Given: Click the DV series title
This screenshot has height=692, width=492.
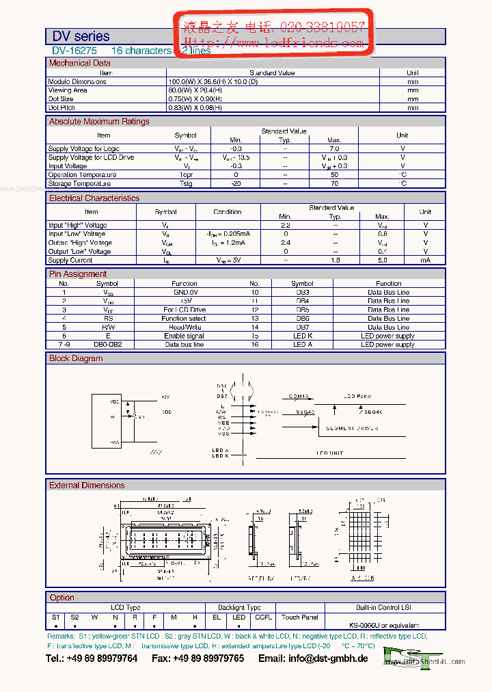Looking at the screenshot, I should click(81, 36).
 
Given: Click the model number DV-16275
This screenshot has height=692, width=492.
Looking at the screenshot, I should click(74, 51).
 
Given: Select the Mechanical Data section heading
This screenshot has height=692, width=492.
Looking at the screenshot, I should click(79, 63).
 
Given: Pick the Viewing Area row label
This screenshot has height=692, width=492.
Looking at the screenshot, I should click(68, 90).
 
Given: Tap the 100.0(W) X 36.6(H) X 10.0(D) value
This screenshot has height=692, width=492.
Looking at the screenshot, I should click(213, 81).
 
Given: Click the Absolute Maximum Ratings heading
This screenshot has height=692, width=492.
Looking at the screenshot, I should click(99, 122).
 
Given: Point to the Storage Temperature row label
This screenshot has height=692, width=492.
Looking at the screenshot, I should click(79, 183).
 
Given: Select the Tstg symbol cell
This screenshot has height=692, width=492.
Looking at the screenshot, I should click(186, 183).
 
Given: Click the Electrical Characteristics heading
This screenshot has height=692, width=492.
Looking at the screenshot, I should click(94, 198).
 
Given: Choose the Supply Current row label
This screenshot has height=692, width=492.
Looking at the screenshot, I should click(70, 261).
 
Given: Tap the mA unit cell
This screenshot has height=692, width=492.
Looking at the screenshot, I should click(425, 261).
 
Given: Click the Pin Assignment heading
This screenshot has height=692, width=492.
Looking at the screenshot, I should click(78, 274).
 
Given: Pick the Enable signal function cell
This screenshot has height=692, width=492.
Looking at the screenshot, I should click(184, 336).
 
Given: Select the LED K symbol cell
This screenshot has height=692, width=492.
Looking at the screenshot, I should click(302, 336).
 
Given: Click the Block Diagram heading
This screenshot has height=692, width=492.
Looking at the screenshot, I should click(76, 358).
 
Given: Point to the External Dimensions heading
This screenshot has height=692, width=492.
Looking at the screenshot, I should click(87, 485).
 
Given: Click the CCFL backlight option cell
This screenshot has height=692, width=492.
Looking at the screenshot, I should click(263, 617).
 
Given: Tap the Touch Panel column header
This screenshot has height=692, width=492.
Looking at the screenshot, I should click(300, 617).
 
